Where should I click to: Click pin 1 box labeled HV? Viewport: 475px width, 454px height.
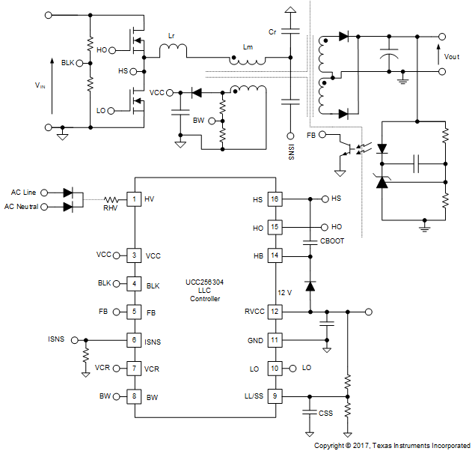pos(133,199)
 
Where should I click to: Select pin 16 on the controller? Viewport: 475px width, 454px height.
pos(275,199)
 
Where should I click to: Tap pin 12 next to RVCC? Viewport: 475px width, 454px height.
pos(275,312)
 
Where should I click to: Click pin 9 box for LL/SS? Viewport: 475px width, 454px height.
pos(275,396)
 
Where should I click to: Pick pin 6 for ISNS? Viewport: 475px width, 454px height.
pos(133,340)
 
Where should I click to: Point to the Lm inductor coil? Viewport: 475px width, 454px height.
pos(248,60)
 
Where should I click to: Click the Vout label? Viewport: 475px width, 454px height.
pos(452,56)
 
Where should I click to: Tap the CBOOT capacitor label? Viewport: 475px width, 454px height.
pos(332,241)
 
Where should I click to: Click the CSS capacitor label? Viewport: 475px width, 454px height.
pos(325,413)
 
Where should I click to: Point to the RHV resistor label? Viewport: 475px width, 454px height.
pos(111,208)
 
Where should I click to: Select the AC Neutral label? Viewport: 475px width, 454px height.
pos(22,206)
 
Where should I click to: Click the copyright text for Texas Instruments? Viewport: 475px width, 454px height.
pos(391,445)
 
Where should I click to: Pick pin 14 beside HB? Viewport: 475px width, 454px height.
pos(275,255)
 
